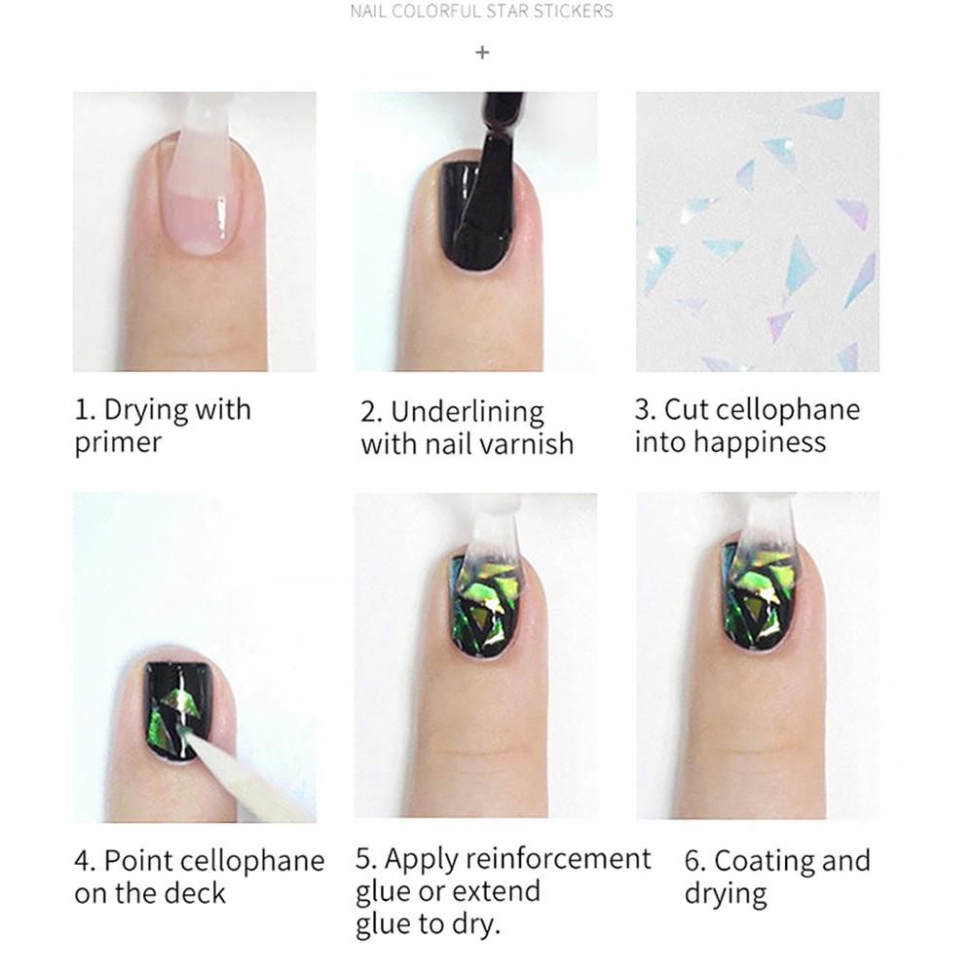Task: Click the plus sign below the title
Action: pos(482,53)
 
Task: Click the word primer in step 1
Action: pos(118,443)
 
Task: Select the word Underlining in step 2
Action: pos(468,411)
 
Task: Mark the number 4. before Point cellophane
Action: pos(85,861)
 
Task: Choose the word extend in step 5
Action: pos(496,891)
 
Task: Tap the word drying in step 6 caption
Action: pos(726,893)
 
